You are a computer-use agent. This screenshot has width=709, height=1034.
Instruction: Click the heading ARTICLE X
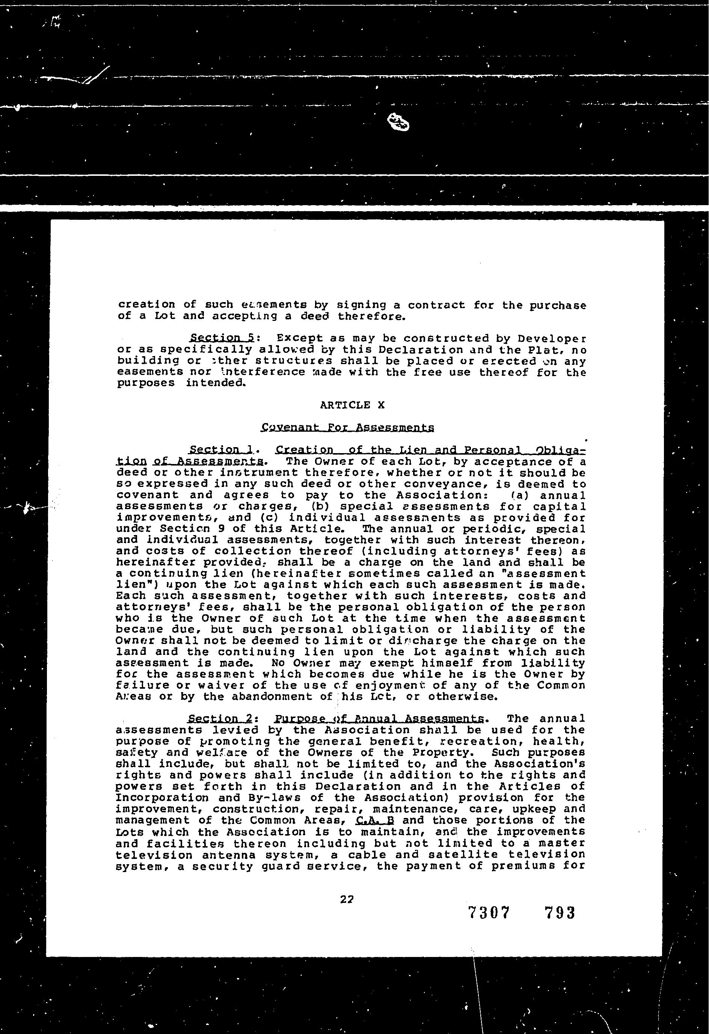[x=352, y=405]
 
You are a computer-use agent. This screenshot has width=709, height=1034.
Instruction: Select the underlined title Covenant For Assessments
[x=347, y=428]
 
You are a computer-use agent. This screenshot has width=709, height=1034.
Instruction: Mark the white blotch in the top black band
[x=398, y=122]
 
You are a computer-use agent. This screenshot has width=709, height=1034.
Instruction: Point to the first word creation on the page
[x=147, y=305]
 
